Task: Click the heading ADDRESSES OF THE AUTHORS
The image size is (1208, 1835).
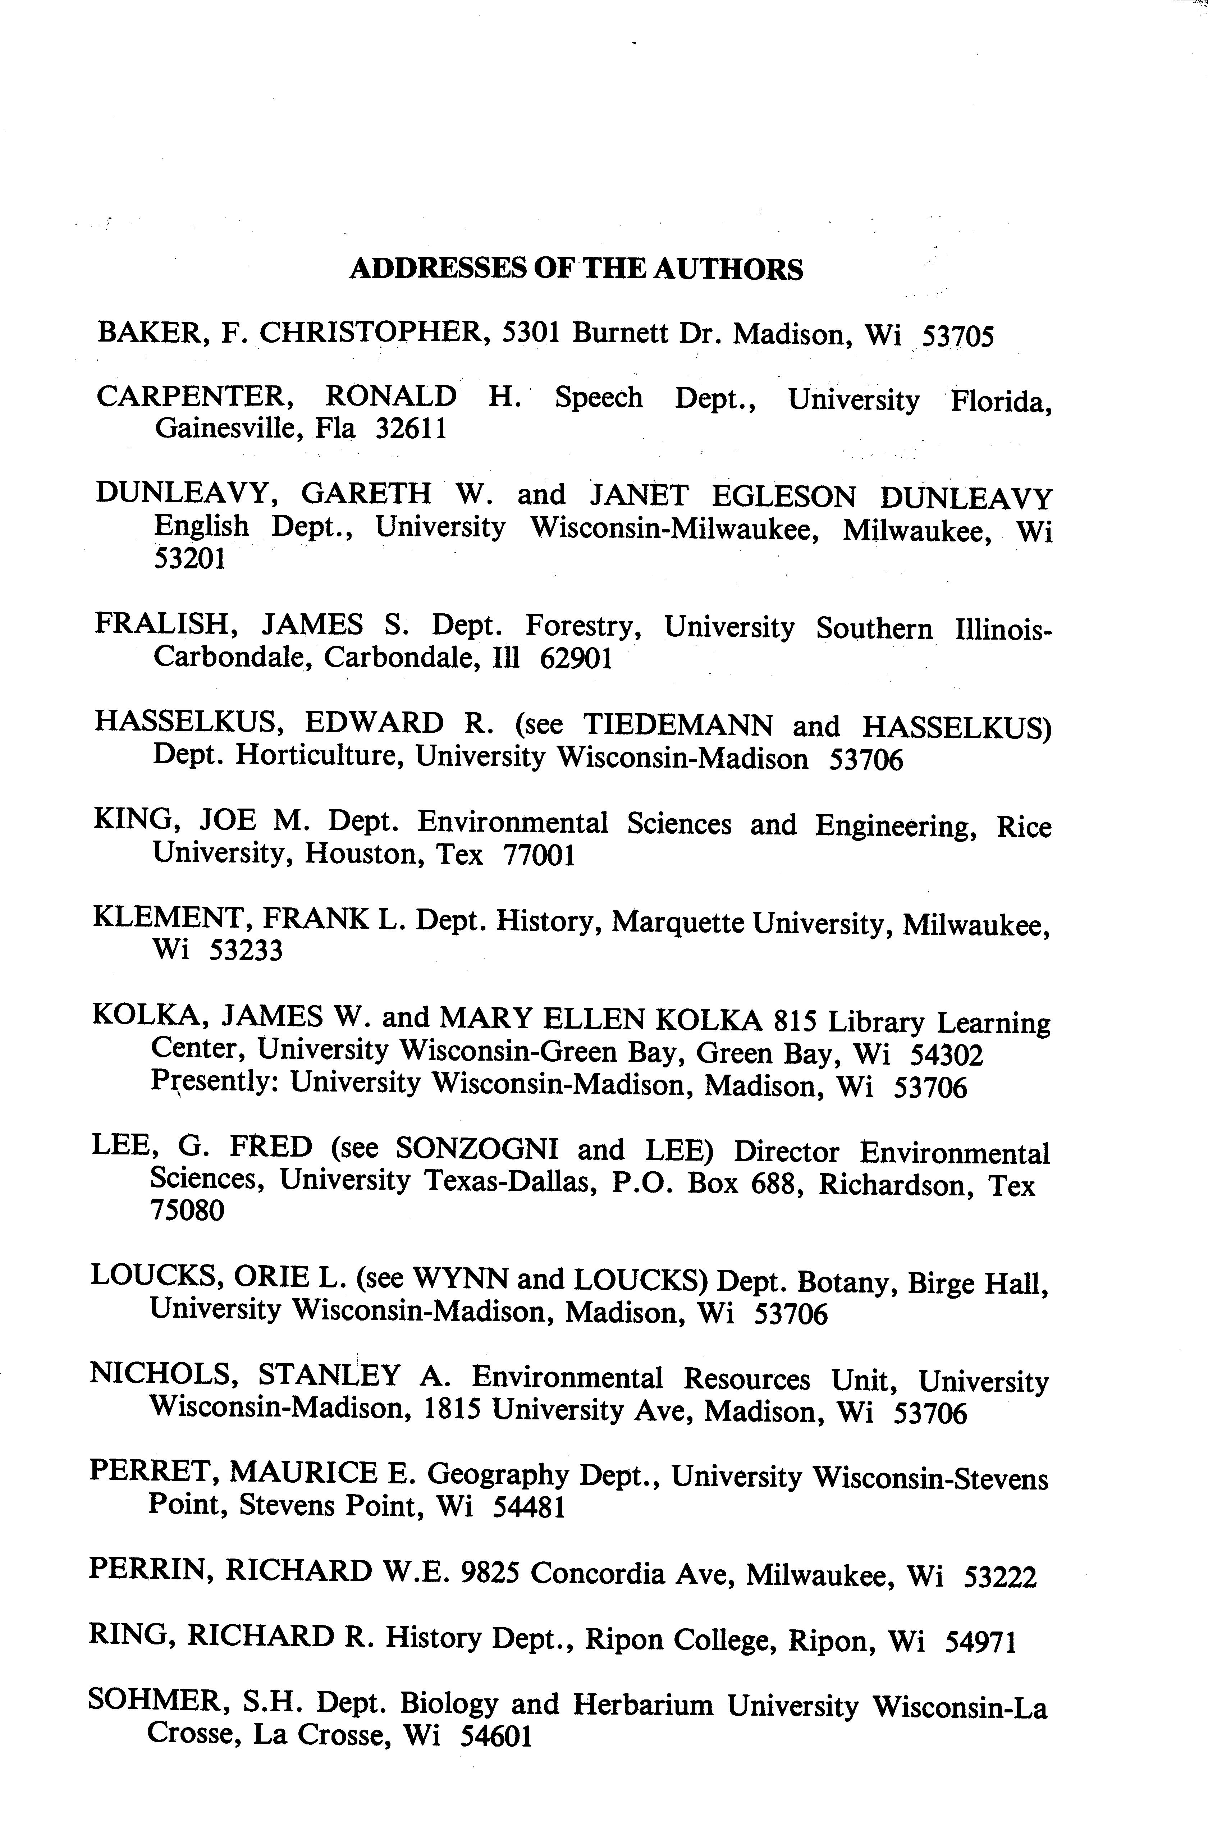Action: click(x=576, y=269)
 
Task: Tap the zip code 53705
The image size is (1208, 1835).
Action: click(x=958, y=336)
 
